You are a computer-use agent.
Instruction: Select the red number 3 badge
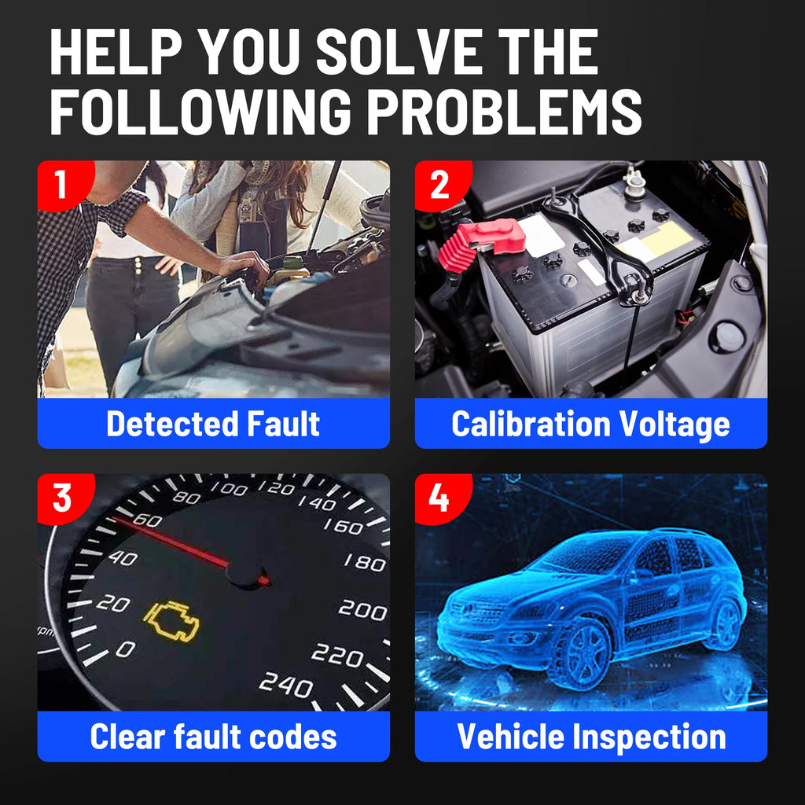click(x=61, y=497)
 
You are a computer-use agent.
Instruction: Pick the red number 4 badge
click(x=439, y=497)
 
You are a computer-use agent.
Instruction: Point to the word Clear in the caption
click(x=127, y=737)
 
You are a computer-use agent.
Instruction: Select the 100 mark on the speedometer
click(x=229, y=489)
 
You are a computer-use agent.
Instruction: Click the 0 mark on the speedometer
click(x=125, y=649)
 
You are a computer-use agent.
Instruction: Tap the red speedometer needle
click(x=181, y=546)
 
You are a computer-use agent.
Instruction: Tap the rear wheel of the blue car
click(x=723, y=622)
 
